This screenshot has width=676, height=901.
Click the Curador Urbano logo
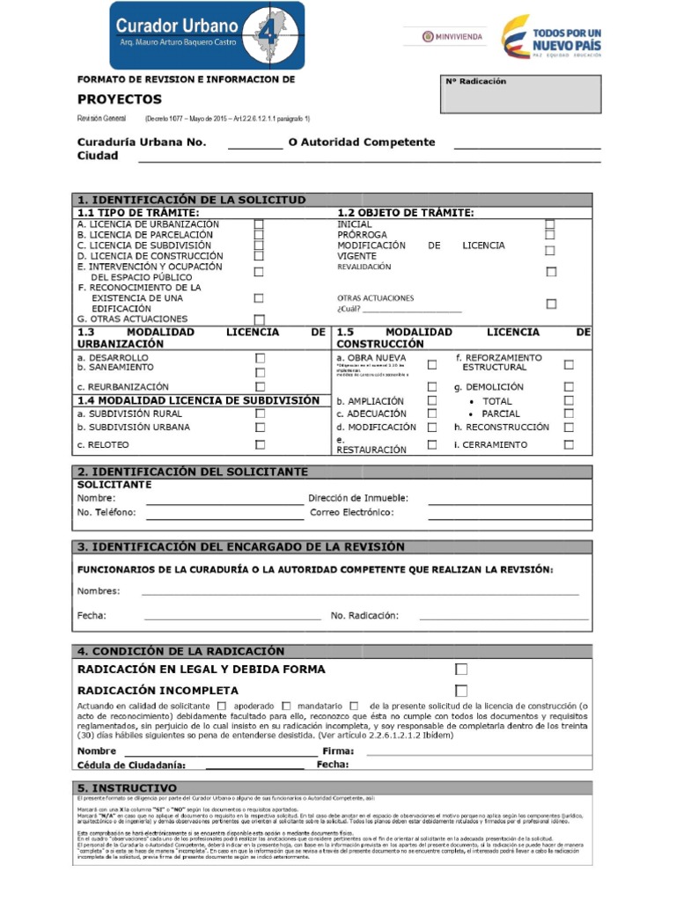click(x=208, y=35)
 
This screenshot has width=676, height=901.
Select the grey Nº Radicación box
click(x=521, y=94)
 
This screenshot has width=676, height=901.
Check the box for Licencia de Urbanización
click(x=259, y=224)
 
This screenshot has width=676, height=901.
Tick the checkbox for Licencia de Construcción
click(x=259, y=256)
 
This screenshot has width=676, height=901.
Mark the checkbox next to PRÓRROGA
click(x=550, y=235)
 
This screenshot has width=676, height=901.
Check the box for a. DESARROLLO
click(x=260, y=358)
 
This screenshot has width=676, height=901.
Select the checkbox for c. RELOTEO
click(x=260, y=444)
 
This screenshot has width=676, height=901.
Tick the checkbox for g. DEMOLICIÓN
click(x=569, y=386)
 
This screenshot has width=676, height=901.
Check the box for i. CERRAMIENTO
click(x=569, y=444)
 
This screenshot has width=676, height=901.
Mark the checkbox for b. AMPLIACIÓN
click(x=431, y=400)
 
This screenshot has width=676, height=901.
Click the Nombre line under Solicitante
click(x=216, y=499)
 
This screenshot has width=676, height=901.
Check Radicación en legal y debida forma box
click(x=460, y=670)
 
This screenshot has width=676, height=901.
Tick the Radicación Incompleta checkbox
click(x=460, y=691)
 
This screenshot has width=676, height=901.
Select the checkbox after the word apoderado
click(x=287, y=706)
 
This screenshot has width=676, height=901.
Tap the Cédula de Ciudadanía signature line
click(x=250, y=765)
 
